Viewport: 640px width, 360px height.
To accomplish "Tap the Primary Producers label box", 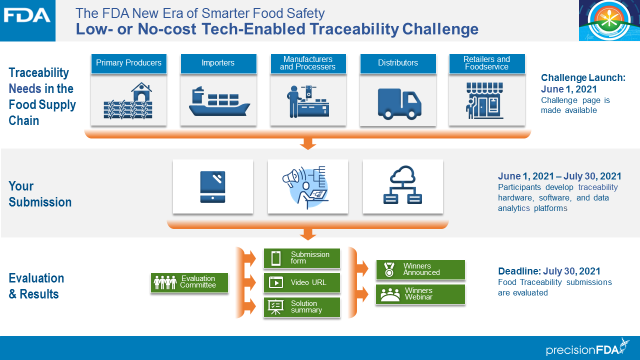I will tap(128, 63).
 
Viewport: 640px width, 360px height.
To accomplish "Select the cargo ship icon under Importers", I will tap(218, 101).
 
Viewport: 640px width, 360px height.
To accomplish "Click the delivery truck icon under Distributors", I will tap(398, 103).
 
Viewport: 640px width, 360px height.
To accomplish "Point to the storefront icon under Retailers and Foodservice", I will tap(486, 100).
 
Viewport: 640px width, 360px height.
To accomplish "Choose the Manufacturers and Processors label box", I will tap(307, 63).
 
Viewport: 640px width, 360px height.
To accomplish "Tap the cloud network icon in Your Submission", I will tap(402, 185).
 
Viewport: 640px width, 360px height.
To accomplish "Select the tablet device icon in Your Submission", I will tap(212, 186).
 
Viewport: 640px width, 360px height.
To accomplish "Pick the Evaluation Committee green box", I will tap(189, 282).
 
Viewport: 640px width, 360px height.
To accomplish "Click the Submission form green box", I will tap(302, 258).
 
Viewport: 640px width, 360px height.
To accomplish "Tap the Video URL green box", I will tap(302, 282).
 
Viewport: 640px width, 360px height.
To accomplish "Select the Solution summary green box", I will tap(302, 307).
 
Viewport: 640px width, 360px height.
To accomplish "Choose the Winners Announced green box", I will tap(420, 269).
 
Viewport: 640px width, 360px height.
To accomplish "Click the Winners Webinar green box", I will tap(420, 294).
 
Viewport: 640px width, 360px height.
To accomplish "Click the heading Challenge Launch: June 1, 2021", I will tap(583, 83).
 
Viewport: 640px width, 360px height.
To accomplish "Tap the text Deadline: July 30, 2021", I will tap(549, 271).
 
